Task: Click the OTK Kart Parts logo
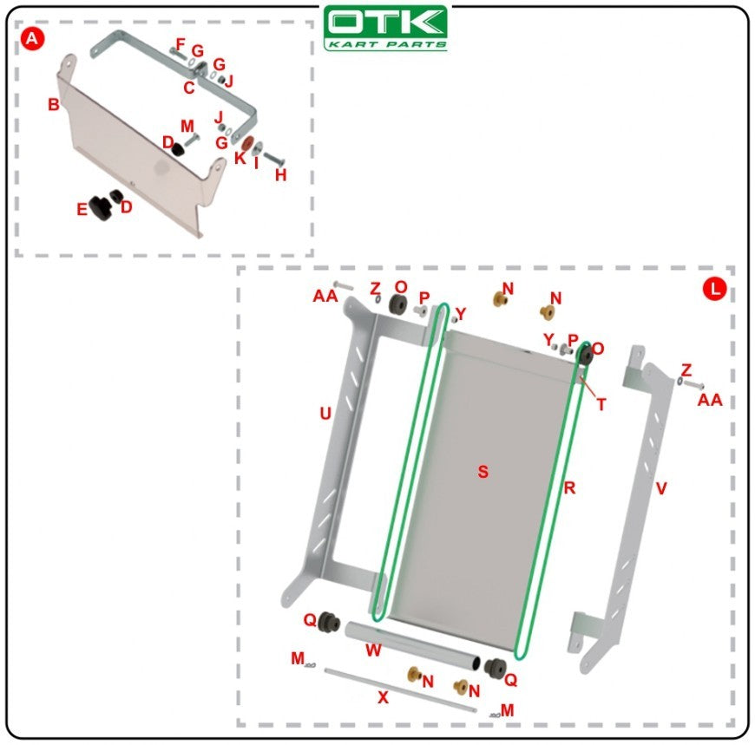click(x=385, y=28)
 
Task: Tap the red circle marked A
click(x=32, y=38)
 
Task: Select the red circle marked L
click(x=714, y=290)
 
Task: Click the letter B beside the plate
click(x=54, y=104)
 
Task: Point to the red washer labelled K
click(x=248, y=143)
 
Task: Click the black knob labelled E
click(x=100, y=208)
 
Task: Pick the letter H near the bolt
click(x=280, y=175)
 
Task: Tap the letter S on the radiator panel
click(x=483, y=472)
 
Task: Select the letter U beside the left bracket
click(x=325, y=414)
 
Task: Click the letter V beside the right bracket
click(x=661, y=488)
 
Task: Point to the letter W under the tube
click(x=374, y=650)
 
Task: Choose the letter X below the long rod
click(x=383, y=697)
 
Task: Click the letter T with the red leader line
click(x=601, y=405)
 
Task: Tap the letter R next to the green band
click(x=569, y=488)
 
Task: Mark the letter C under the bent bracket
click(x=189, y=88)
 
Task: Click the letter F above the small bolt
click(x=181, y=45)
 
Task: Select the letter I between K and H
click(x=256, y=163)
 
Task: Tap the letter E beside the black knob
click(x=82, y=209)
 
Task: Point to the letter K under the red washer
click(x=240, y=157)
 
